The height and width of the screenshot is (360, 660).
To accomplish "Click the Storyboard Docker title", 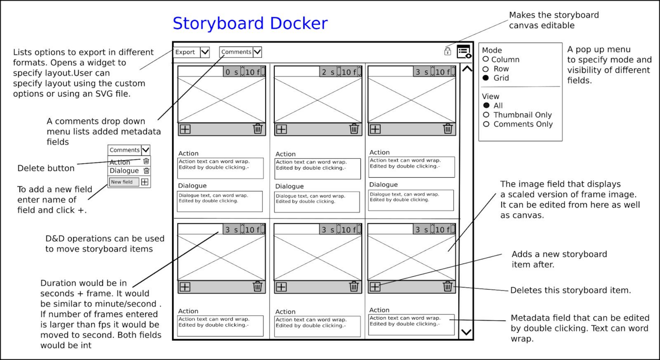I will coord(250,23).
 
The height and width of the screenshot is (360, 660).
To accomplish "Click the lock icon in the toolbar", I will coord(447,51).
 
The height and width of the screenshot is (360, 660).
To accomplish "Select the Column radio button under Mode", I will coord(486,59).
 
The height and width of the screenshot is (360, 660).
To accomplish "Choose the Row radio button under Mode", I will coord(486,69).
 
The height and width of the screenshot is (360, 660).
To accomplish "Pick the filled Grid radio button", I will coord(486,78).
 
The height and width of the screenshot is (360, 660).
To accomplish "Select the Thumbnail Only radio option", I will coord(486,115).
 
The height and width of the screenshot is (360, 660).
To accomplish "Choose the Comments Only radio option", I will coord(486,124).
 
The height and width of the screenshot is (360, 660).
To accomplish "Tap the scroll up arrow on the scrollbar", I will coord(466,70).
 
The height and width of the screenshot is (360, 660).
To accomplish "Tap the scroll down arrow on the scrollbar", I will coord(466,332).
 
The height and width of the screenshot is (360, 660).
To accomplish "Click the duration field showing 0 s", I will coord(231,72).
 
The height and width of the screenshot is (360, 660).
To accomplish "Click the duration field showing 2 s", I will coord(328,72).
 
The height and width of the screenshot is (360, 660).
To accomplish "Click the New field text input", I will coord(123,182).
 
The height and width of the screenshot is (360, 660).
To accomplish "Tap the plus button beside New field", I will coord(145,182).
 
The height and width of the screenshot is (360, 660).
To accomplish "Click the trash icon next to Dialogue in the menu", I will coord(146,171).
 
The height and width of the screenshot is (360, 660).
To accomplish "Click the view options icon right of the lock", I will coord(464,52).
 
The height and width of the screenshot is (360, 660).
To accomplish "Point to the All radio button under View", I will coord(486,105).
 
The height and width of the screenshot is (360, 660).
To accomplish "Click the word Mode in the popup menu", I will coord(492,50).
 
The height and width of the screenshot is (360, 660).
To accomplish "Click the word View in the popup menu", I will coord(490,96).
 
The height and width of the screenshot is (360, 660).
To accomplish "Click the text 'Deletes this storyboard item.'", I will coord(570,290).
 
